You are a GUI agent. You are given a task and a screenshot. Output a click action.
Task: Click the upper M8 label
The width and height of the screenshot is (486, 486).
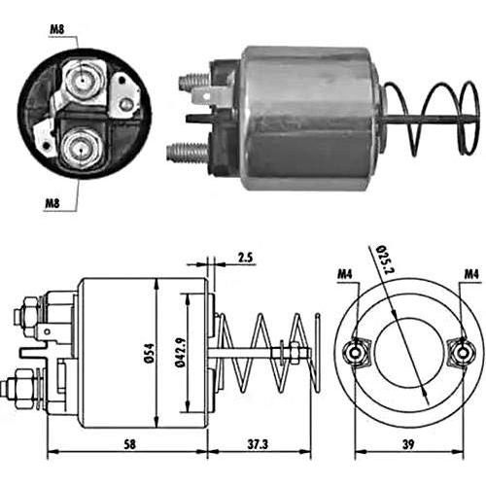click(x=57, y=29)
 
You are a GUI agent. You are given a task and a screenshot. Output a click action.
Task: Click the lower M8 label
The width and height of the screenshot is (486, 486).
click(x=52, y=203)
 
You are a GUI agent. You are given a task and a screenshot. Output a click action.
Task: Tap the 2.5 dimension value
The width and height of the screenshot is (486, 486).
click(x=245, y=258)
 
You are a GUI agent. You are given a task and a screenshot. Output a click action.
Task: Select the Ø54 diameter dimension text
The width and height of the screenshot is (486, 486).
click(x=150, y=353)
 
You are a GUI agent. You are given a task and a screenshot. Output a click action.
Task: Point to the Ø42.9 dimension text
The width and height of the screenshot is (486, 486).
click(x=181, y=352)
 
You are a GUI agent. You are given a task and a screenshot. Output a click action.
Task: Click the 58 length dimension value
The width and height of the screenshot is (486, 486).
click(x=129, y=444)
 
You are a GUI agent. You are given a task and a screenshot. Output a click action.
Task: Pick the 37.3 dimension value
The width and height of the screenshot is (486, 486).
click(x=258, y=444)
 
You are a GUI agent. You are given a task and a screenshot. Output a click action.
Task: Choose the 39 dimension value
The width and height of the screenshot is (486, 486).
click(x=408, y=444)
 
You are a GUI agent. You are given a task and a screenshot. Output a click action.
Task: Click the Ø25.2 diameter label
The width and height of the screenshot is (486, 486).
click(x=385, y=260)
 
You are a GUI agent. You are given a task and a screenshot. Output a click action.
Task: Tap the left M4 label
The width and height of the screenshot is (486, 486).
click(x=345, y=274)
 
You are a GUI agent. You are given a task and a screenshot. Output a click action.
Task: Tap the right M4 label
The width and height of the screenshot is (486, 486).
click(x=471, y=274)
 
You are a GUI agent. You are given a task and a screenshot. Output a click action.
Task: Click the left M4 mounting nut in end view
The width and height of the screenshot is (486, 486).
click(x=356, y=353)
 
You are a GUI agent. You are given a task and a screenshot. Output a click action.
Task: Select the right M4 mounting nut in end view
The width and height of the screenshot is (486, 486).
click(x=462, y=353)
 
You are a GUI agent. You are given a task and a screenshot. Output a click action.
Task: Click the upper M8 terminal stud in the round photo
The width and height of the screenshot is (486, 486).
click(x=83, y=80)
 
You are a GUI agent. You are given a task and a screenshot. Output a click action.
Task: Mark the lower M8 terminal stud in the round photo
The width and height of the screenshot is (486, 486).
click(x=81, y=150)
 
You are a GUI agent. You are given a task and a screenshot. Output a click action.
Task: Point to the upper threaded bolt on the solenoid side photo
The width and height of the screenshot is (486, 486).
click(x=193, y=81)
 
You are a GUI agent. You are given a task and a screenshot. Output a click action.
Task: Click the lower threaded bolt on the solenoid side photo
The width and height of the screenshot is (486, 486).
click(x=187, y=152)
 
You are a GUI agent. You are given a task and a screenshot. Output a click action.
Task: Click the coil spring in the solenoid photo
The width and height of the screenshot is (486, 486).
click(x=431, y=119)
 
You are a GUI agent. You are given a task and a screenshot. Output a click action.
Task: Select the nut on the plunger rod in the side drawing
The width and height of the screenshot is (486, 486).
click(x=295, y=353)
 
